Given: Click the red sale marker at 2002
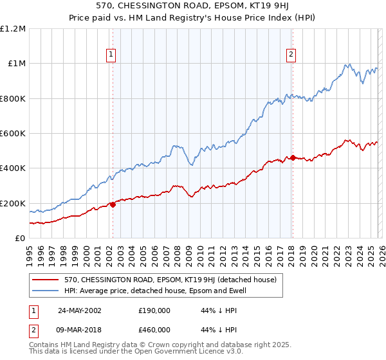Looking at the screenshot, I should pyautogui.click(x=113, y=204).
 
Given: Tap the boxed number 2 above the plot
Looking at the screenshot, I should pyautogui.click(x=291, y=55).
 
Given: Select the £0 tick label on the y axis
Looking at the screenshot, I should pyautogui.click(x=19, y=239).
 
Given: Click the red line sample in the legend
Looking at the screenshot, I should pyautogui.click(x=46, y=280).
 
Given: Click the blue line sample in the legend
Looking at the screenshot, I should pyautogui.click(x=46, y=291).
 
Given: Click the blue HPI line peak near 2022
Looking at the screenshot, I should pyautogui.click(x=348, y=64).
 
